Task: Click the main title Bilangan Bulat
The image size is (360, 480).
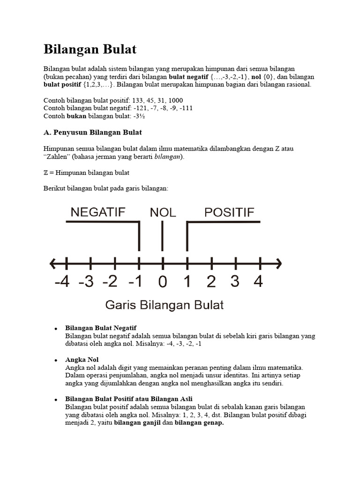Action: pyautogui.click(x=90, y=49)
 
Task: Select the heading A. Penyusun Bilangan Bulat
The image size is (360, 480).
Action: pyautogui.click(x=92, y=132)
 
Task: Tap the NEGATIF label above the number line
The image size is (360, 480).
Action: pyautogui.click(x=98, y=212)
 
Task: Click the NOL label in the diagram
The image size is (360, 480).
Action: pyautogui.click(x=163, y=212)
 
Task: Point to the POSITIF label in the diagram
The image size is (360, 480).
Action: pyautogui.click(x=229, y=212)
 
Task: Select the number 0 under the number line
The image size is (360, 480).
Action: pyautogui.click(x=163, y=282)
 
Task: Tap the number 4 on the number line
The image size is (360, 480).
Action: pyautogui.click(x=258, y=282)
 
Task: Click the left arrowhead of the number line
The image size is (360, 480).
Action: pyautogui.click(x=52, y=263)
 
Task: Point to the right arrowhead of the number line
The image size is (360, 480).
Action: pyautogui.click(x=278, y=263)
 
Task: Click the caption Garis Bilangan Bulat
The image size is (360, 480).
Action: pyautogui.click(x=164, y=305)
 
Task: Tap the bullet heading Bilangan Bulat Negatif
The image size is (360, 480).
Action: pyautogui.click(x=101, y=327)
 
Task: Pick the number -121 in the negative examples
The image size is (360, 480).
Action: pyautogui.click(x=132, y=108)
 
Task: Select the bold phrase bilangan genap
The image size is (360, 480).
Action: pyautogui.click(x=199, y=422)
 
